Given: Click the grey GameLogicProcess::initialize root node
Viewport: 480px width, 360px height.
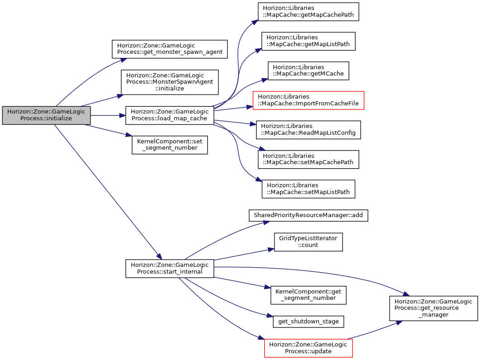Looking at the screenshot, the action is [x=46, y=115].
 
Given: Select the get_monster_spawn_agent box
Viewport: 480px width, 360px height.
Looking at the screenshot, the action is [x=170, y=49].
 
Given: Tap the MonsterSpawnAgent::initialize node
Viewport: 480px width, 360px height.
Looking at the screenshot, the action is [x=170, y=82].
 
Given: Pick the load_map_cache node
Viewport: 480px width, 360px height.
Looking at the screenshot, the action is [x=170, y=115].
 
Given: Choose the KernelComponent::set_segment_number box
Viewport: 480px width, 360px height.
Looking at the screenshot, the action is [x=170, y=145].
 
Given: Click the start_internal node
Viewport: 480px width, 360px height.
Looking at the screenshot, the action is [x=170, y=269].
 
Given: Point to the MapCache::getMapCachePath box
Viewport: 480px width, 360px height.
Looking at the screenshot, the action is [x=308, y=12].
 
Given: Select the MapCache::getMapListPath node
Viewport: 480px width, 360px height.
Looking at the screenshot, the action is [x=308, y=41].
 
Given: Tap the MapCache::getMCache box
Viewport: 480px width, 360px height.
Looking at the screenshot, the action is [x=308, y=71].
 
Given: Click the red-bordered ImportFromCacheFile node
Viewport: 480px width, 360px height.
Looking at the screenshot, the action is [x=308, y=100].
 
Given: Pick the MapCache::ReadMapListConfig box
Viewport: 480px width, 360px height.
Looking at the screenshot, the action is [x=308, y=130].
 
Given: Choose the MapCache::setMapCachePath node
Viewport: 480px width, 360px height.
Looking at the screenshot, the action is [x=308, y=160].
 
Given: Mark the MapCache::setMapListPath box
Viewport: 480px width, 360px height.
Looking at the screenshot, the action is [x=308, y=189].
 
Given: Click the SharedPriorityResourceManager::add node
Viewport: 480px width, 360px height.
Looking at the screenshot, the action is [x=308, y=216].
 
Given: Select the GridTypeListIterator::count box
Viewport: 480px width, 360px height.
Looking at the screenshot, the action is [x=308, y=242].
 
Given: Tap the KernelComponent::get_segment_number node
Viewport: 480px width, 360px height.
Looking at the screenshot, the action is [x=308, y=295].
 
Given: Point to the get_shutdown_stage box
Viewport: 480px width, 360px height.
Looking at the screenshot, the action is [x=308, y=322].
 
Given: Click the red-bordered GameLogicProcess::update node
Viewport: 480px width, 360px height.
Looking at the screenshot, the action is [x=308, y=348].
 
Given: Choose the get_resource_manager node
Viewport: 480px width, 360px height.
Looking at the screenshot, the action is [x=433, y=308].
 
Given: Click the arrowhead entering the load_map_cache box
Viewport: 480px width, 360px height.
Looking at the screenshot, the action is [x=123, y=115].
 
